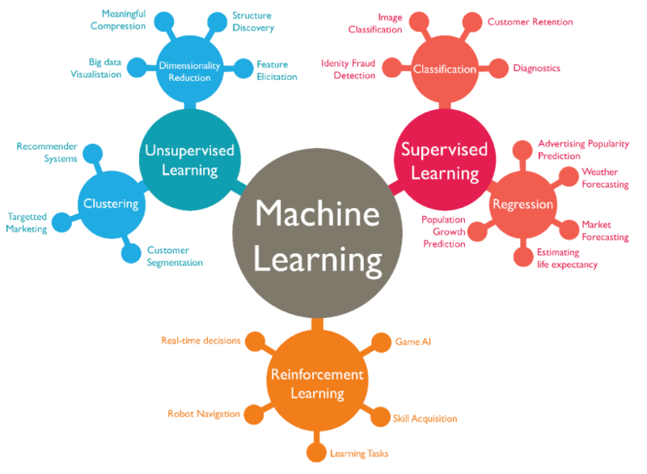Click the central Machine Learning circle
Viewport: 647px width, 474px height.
click(x=318, y=236)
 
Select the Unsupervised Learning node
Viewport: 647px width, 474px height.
click(x=188, y=159)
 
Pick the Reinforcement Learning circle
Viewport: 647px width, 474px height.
click(x=317, y=384)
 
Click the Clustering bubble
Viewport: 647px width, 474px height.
click(x=111, y=204)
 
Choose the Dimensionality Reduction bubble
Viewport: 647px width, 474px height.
click(x=185, y=71)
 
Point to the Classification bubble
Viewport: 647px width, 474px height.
click(x=445, y=70)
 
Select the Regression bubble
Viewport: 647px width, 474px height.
click(x=522, y=204)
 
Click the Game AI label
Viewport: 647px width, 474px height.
click(x=412, y=342)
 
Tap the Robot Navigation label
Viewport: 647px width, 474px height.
click(x=204, y=413)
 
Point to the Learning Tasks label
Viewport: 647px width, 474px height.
click(x=359, y=453)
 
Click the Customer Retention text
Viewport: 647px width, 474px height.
click(x=530, y=22)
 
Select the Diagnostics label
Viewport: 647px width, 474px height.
click(x=536, y=69)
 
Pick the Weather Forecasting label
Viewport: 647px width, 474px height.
click(x=605, y=178)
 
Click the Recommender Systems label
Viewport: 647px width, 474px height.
click(x=47, y=152)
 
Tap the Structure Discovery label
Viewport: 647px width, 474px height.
click(x=253, y=22)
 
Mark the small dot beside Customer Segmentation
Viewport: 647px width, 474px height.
click(x=131, y=253)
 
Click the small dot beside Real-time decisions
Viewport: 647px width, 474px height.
click(x=255, y=341)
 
